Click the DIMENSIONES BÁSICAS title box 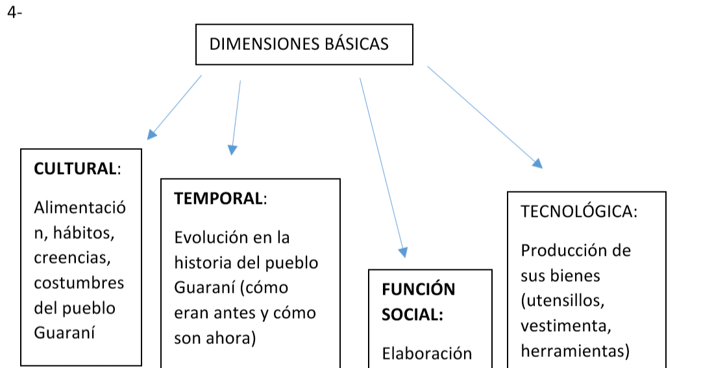[x=304, y=44]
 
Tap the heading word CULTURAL [x=75, y=169]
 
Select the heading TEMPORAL [x=219, y=198]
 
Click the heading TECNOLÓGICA [x=578, y=212]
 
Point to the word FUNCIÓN [x=418, y=289]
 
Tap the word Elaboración [x=426, y=354]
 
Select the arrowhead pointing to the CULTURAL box [x=152, y=134]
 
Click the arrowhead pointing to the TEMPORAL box [x=232, y=150]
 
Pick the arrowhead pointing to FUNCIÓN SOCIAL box [x=402, y=252]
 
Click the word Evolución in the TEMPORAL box [x=212, y=238]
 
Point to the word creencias [x=72, y=258]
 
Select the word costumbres [x=79, y=283]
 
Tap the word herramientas [x=574, y=351]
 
